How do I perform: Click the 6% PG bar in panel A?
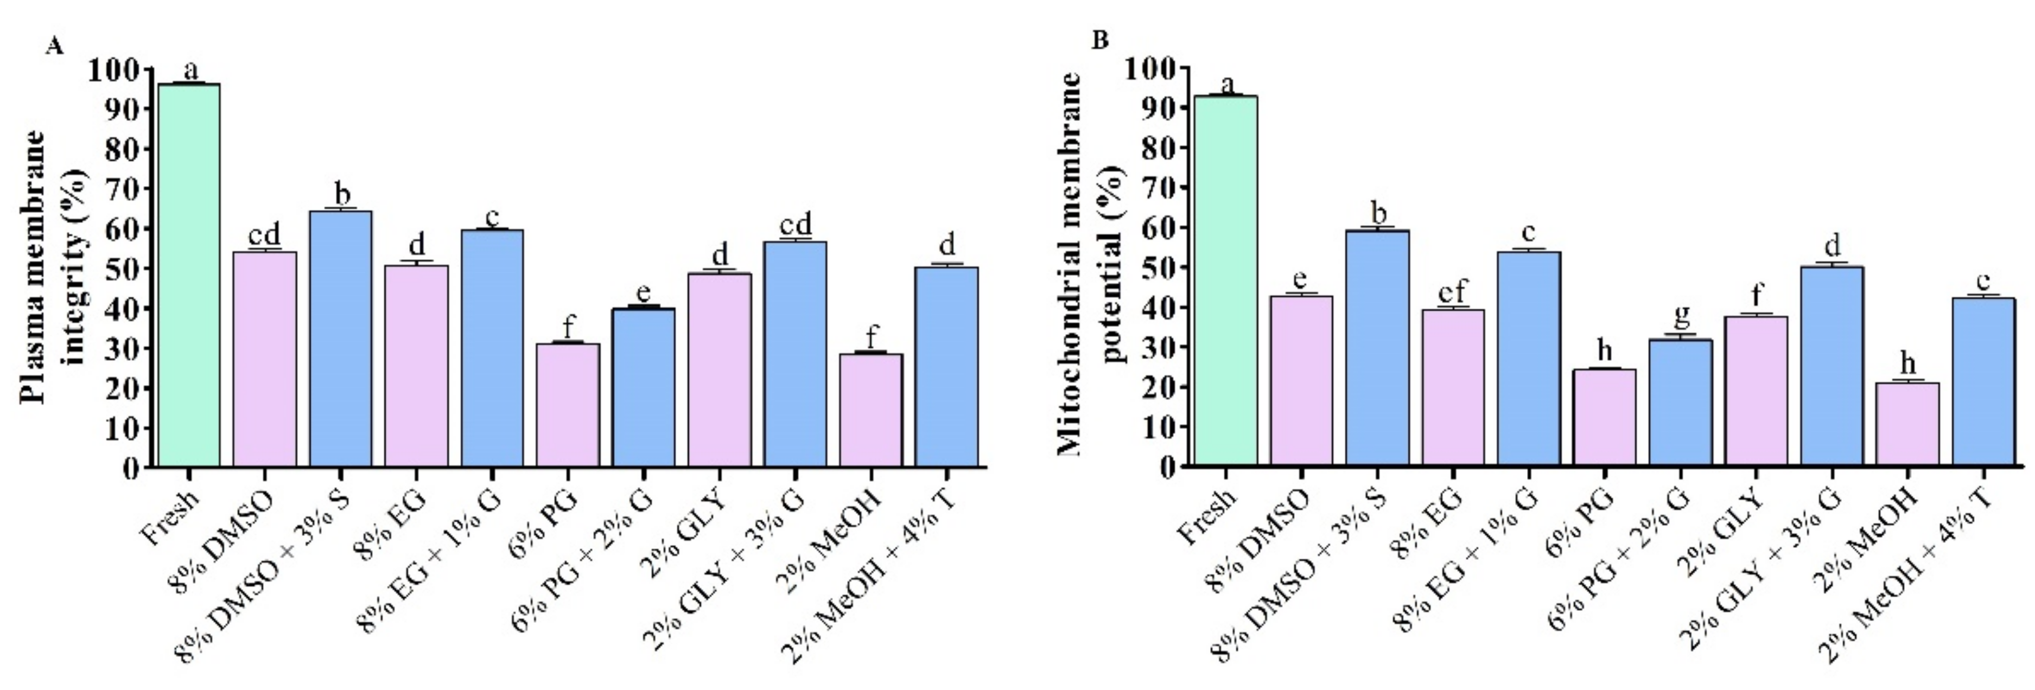pos(568,404)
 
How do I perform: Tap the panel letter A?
pos(54,46)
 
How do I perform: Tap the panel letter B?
pos(1099,40)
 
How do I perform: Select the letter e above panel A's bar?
pos(644,291)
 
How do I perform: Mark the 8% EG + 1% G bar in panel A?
pos(492,347)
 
